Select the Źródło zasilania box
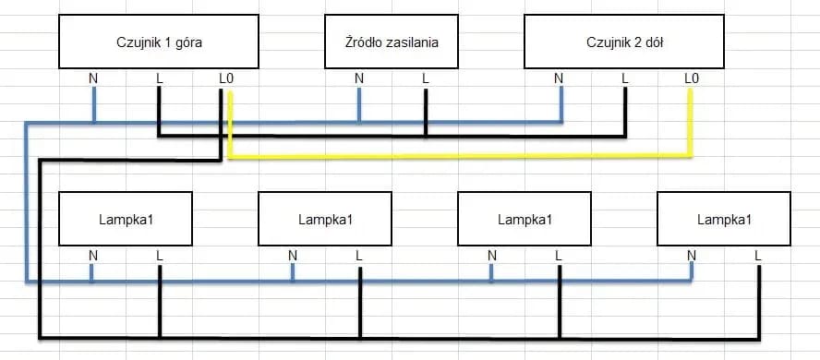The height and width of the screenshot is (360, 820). click(x=392, y=42)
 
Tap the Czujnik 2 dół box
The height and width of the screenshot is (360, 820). click(x=623, y=42)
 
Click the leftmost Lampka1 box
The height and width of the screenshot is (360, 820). click(x=126, y=219)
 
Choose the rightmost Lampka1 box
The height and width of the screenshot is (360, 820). click(x=724, y=219)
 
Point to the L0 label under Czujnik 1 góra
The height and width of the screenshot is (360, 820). click(x=226, y=78)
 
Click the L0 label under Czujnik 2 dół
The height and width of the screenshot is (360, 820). click(x=691, y=78)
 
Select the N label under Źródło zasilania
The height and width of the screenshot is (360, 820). click(x=359, y=78)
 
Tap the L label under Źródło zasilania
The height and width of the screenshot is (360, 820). click(x=425, y=78)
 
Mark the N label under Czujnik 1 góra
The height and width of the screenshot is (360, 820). click(x=93, y=78)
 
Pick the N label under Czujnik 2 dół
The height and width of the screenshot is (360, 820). click(x=559, y=78)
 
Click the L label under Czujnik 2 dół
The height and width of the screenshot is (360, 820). click(x=625, y=78)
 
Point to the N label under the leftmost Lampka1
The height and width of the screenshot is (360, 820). click(x=92, y=255)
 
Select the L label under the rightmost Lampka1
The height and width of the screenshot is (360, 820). click(x=757, y=255)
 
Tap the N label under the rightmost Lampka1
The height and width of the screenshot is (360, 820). click(x=691, y=255)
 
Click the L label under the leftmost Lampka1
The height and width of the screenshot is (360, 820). click(x=159, y=255)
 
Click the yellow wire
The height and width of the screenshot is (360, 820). click(x=462, y=157)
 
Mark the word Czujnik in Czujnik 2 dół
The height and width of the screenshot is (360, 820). click(x=605, y=42)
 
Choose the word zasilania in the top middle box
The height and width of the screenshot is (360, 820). click(x=412, y=42)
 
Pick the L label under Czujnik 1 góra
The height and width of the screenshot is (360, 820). click(x=159, y=78)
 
